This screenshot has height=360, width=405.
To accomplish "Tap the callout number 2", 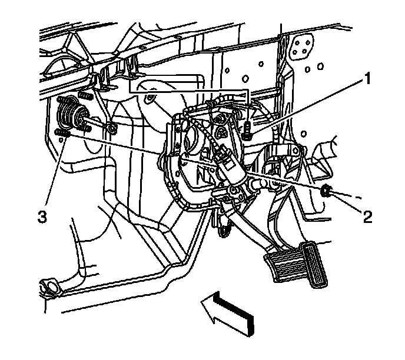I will click(x=367, y=218).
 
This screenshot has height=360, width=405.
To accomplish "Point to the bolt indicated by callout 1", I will click(x=247, y=131).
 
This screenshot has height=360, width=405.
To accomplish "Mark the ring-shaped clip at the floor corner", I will click(x=48, y=288).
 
